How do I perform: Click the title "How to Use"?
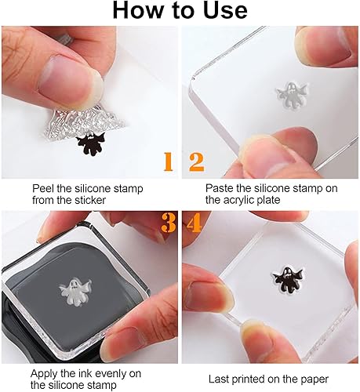coord(180,12)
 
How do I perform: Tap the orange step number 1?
coord(167,162)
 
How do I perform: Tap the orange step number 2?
coord(196,162)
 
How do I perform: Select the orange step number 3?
coord(167,223)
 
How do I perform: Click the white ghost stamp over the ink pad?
coord(83,295)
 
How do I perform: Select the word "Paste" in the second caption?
coord(220,189)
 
